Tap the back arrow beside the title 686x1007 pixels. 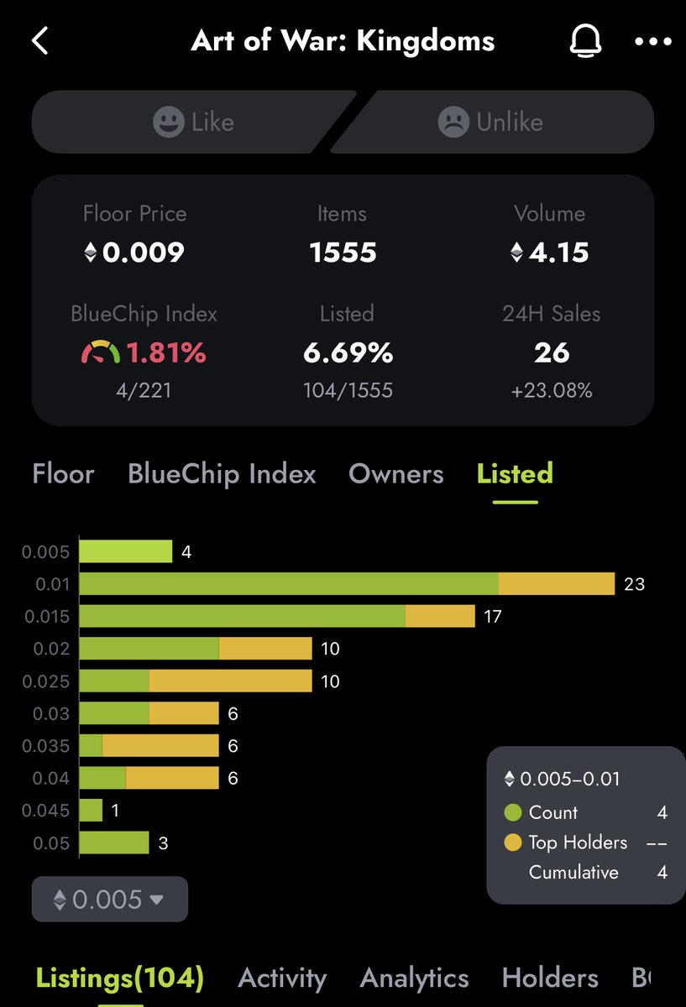point(40,40)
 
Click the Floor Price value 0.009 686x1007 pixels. point(143,252)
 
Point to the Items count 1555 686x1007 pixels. point(343,252)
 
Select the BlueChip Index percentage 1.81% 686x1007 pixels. point(165,352)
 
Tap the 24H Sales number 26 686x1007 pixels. point(552,352)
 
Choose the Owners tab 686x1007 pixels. point(396,474)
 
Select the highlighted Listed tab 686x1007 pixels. point(515,474)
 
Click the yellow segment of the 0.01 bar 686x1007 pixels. point(557,584)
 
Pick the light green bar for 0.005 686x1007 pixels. point(125,551)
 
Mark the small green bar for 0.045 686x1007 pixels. point(91,811)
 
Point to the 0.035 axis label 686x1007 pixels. point(45,746)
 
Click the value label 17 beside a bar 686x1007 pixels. point(493,617)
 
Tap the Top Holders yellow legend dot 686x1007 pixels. point(513,843)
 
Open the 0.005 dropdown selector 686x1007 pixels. point(109,900)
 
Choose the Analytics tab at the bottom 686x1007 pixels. point(414,978)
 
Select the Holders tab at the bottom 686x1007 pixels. point(550,978)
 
